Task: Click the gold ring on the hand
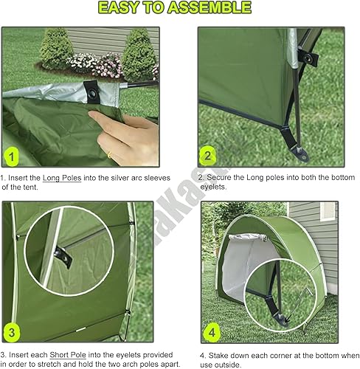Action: [x=109, y=154]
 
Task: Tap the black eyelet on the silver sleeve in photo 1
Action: [x=94, y=91]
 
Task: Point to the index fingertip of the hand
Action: [x=97, y=115]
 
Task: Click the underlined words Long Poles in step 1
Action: [x=62, y=178]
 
